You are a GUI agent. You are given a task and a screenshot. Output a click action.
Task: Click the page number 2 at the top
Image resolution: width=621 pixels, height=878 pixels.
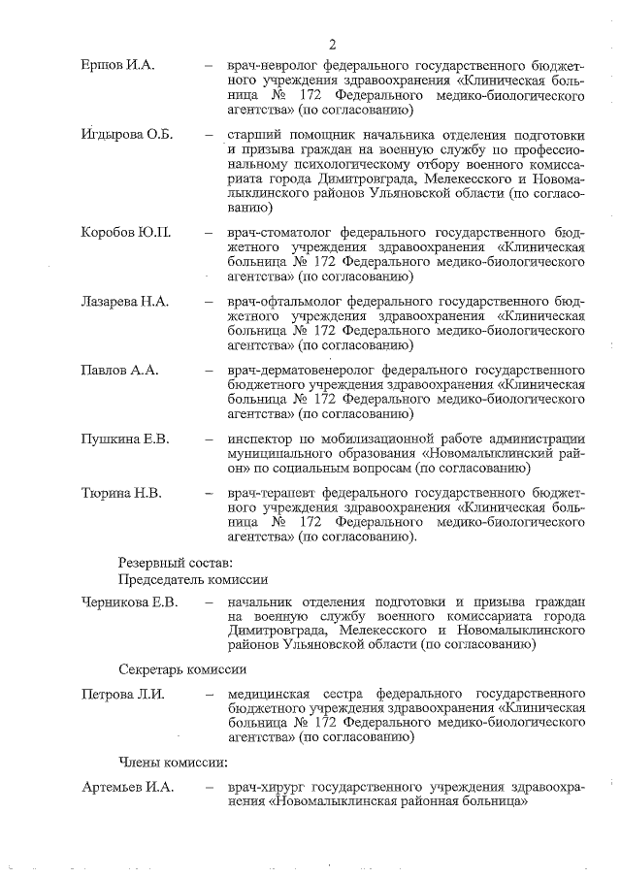(332, 45)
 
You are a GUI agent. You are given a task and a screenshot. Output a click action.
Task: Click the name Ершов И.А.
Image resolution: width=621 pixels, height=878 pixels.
(118, 66)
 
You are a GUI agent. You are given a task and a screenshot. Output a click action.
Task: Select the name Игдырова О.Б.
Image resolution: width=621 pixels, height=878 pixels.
(126, 134)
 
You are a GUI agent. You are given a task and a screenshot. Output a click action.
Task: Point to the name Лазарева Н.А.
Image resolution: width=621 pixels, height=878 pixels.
(125, 302)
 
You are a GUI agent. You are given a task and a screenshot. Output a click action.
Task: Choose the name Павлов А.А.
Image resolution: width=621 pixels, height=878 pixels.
(118, 371)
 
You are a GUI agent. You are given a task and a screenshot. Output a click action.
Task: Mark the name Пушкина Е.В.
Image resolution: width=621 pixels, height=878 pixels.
(125, 439)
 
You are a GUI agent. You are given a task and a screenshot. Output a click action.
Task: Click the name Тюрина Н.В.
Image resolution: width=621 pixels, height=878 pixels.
(121, 493)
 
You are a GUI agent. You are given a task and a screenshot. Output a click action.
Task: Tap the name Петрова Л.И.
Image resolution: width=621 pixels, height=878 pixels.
(123, 694)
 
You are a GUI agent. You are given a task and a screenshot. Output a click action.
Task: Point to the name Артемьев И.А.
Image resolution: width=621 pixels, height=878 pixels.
(127, 786)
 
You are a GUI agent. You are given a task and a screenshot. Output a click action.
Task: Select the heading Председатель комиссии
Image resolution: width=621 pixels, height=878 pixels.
(192, 579)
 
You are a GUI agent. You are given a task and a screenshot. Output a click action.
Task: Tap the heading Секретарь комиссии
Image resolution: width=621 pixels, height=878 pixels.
(182, 669)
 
